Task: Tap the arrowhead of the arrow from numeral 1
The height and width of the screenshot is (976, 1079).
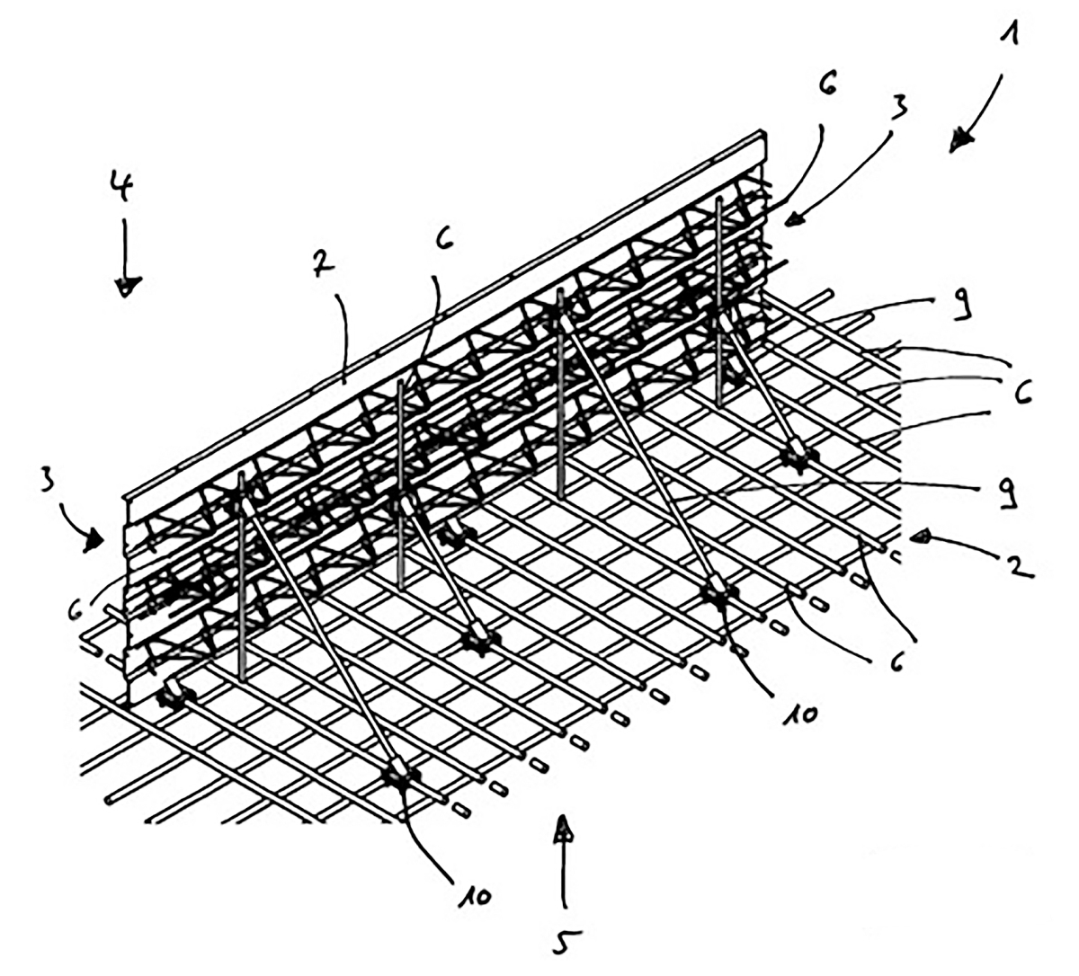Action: [x=962, y=139]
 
